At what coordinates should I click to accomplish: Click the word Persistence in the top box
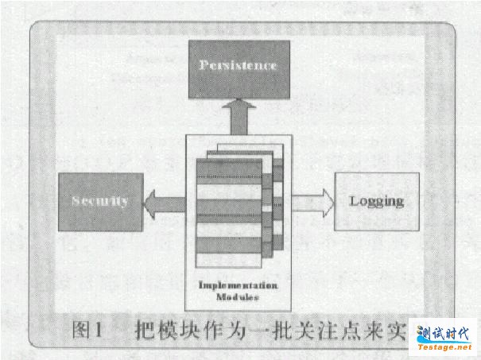click(237, 65)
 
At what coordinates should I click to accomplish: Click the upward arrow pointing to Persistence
click(238, 118)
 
